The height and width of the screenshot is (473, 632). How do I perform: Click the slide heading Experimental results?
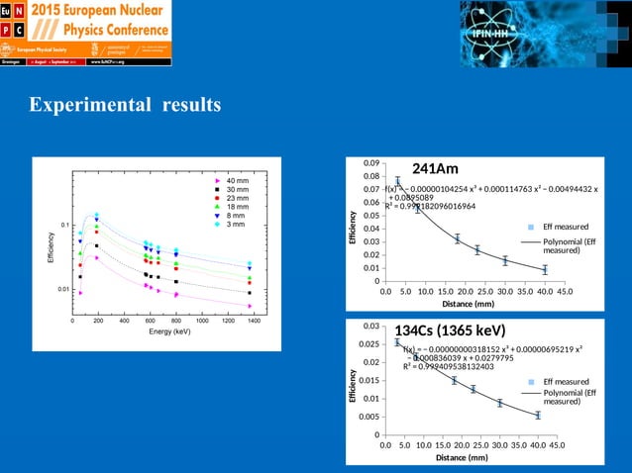tap(125, 105)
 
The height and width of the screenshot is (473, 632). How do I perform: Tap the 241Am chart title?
tap(435, 168)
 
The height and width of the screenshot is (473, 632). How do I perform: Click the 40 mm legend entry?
tap(237, 181)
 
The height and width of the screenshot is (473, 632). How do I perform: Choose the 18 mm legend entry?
tap(237, 208)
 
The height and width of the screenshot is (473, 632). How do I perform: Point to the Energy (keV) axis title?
tap(163, 331)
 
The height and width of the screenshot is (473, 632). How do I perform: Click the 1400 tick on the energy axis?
tap(254, 321)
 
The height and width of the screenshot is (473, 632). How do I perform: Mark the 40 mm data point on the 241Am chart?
tap(545, 269)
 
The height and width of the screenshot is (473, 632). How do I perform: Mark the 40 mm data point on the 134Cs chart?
tap(538, 416)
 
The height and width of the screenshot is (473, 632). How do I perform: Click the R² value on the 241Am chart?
tap(430, 206)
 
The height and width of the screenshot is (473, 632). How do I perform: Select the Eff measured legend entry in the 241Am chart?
tap(554, 228)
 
